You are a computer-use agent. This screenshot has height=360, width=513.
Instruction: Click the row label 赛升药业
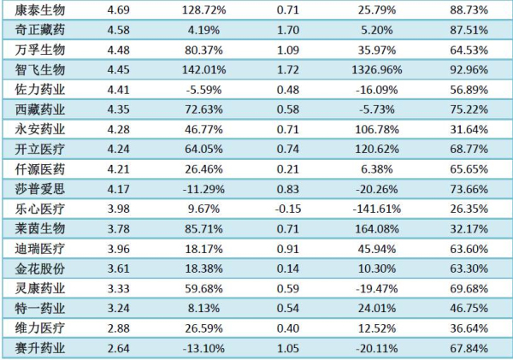[40, 348]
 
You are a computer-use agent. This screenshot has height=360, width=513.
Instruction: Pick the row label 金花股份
[40, 269]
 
